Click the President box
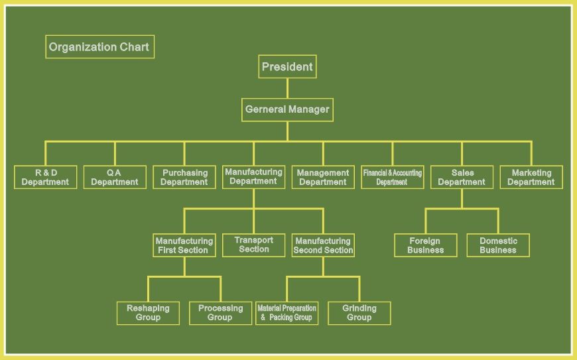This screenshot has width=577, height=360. pyautogui.click(x=287, y=67)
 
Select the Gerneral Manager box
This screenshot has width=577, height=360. pyautogui.click(x=287, y=110)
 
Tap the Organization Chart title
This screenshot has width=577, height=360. pyautogui.click(x=99, y=47)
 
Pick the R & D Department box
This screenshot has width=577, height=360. pyautogui.click(x=45, y=178)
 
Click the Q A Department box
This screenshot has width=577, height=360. pyautogui.click(x=115, y=178)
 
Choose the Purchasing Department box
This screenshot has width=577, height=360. pyautogui.click(x=184, y=178)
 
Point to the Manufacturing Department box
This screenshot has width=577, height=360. pyautogui.click(x=254, y=177)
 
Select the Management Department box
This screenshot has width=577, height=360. pyautogui.click(x=323, y=178)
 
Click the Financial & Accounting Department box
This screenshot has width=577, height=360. pyautogui.click(x=393, y=178)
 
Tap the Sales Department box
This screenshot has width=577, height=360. pyautogui.click(x=462, y=178)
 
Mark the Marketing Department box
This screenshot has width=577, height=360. pyautogui.click(x=531, y=178)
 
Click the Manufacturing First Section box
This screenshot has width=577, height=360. pyautogui.click(x=184, y=245)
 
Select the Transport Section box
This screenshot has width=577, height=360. pyautogui.click(x=254, y=245)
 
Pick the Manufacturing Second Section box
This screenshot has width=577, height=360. pyautogui.click(x=323, y=245)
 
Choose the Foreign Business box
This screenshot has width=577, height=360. pyautogui.click(x=425, y=245)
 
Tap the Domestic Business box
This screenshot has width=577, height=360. pyautogui.click(x=498, y=245)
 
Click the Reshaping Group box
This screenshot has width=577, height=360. pyautogui.click(x=148, y=313)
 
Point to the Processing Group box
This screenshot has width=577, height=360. pyautogui.click(x=220, y=313)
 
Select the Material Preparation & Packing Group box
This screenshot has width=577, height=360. pyautogui.click(x=287, y=313)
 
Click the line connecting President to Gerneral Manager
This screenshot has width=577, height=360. pyautogui.click(x=287, y=88)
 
